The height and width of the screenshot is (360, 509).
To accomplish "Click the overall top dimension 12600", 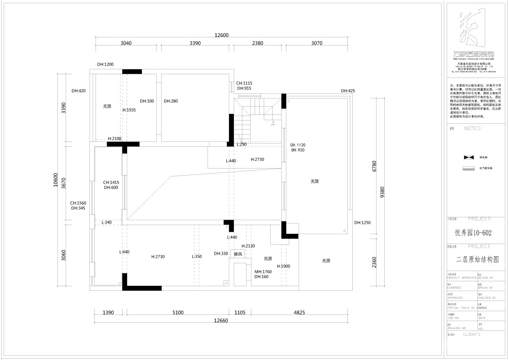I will (221, 35).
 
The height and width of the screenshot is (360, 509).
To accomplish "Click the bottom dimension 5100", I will (178, 313).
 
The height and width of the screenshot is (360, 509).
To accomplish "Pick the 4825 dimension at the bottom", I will (299, 313).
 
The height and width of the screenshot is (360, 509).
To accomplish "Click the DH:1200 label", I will (105, 64).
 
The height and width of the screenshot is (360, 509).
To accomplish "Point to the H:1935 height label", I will (129, 110).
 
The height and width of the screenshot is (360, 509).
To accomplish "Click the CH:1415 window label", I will (111, 182).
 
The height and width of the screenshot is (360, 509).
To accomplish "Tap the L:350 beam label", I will (197, 257).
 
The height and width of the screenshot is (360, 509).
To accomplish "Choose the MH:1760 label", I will (263, 271).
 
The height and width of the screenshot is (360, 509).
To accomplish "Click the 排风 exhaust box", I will (238, 254).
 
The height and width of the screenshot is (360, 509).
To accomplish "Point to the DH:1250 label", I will (363, 223).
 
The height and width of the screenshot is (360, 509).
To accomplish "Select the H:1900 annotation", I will (283, 267).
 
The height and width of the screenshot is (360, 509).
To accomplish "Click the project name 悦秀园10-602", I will (474, 233).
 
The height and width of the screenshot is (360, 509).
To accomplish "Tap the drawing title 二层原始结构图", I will (477, 260).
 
